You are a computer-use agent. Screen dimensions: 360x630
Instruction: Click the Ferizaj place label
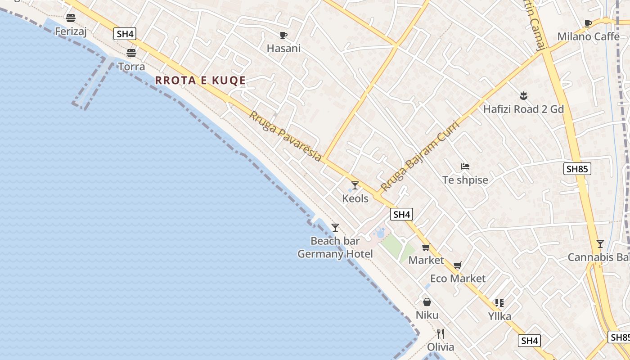click(x=71, y=31)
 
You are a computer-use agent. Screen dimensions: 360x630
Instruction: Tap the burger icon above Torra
click(x=131, y=53)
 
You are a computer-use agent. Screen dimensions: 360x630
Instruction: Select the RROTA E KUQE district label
click(x=200, y=81)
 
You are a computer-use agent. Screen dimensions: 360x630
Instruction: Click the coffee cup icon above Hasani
click(x=283, y=35)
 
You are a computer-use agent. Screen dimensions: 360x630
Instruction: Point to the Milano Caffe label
click(x=588, y=36)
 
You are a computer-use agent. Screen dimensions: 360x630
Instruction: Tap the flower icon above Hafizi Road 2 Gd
click(x=523, y=95)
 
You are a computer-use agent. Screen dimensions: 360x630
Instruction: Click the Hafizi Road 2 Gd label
click(x=523, y=109)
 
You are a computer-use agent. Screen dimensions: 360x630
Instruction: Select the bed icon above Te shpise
click(x=465, y=166)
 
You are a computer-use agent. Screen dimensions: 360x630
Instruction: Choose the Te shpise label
click(x=465, y=180)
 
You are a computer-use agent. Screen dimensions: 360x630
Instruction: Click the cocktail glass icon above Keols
click(x=355, y=185)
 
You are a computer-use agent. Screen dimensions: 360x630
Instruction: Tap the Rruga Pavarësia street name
click(x=286, y=136)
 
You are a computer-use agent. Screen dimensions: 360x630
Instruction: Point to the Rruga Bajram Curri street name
click(x=419, y=156)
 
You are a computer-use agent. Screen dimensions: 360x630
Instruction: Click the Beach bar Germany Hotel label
click(x=335, y=247)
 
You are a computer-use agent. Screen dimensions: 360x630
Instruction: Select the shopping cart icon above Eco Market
click(x=458, y=265)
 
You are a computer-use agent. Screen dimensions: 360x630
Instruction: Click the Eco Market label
click(x=458, y=279)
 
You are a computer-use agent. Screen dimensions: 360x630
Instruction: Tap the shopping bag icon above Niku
click(x=427, y=302)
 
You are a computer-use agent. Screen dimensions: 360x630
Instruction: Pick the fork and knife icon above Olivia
click(x=441, y=334)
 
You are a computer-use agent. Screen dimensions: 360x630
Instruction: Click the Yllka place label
click(x=499, y=316)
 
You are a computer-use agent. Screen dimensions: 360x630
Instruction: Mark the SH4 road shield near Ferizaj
click(x=125, y=34)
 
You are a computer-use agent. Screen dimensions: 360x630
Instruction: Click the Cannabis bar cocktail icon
click(x=600, y=244)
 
